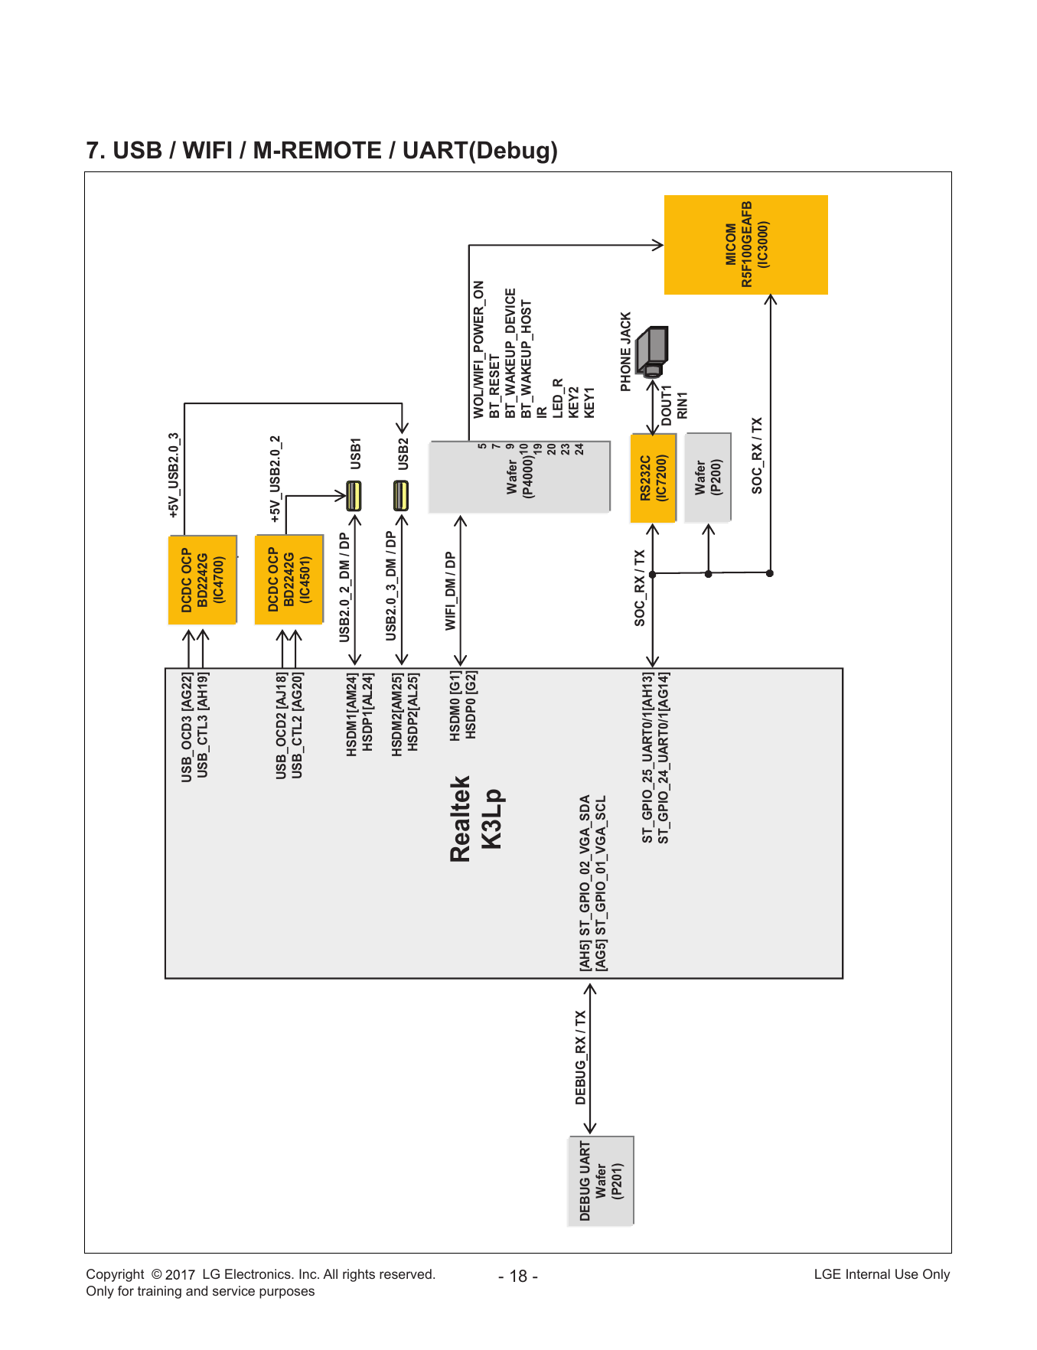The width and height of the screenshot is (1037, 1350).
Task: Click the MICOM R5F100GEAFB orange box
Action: point(745,245)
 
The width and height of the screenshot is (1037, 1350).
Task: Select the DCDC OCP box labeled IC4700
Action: point(203,580)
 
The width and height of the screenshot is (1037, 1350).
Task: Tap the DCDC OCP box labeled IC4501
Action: point(289,580)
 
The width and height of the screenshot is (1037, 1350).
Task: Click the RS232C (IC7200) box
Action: point(653,478)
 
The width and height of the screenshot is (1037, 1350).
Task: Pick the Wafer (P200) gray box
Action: point(708,478)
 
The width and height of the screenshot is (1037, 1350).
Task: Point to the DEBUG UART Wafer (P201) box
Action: point(601,1181)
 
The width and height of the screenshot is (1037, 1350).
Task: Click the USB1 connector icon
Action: point(354,496)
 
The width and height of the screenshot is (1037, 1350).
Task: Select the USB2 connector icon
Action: point(401,496)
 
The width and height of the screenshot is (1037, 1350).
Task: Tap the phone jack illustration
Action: point(653,352)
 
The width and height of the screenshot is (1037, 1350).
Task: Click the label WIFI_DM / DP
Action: point(451,591)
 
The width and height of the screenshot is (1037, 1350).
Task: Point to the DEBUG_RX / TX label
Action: point(581,1057)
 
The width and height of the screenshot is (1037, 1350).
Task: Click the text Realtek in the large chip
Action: point(461,820)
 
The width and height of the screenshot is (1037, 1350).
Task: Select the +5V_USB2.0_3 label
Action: point(174,475)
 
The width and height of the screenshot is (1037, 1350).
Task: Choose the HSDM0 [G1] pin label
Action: point(455,706)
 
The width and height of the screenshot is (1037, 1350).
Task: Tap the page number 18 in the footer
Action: point(518,1276)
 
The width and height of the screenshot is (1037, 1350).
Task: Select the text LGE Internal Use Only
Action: point(882,1274)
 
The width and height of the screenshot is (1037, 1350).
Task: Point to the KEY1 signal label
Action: point(589,403)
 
